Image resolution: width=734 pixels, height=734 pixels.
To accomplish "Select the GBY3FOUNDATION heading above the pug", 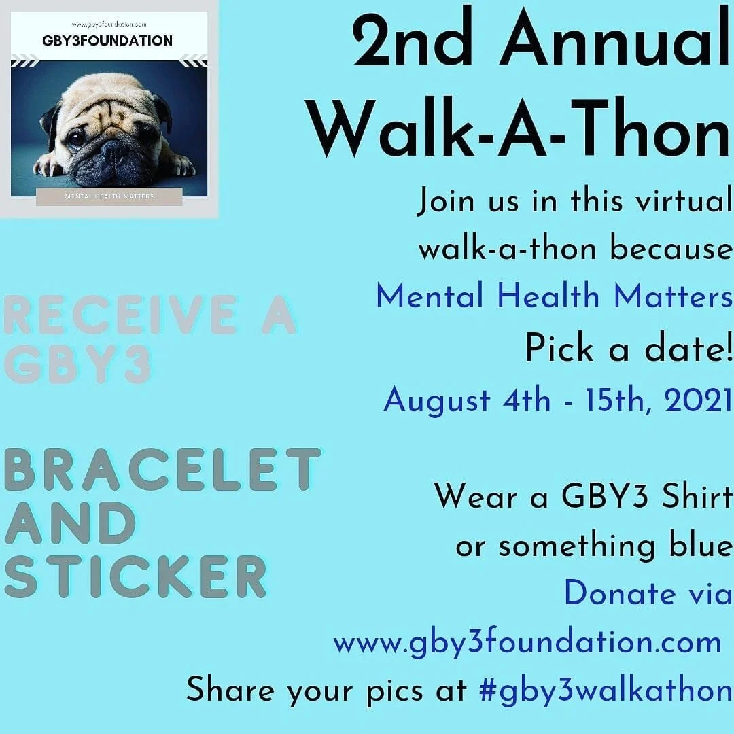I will pyautogui.click(x=107, y=41).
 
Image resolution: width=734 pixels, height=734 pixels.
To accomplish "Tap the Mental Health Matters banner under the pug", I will pyautogui.click(x=109, y=196).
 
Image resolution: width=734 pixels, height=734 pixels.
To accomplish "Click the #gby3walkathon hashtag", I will pyautogui.click(x=605, y=691).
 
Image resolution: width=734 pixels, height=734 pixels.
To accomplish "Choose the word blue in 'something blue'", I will pyautogui.click(x=694, y=545).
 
